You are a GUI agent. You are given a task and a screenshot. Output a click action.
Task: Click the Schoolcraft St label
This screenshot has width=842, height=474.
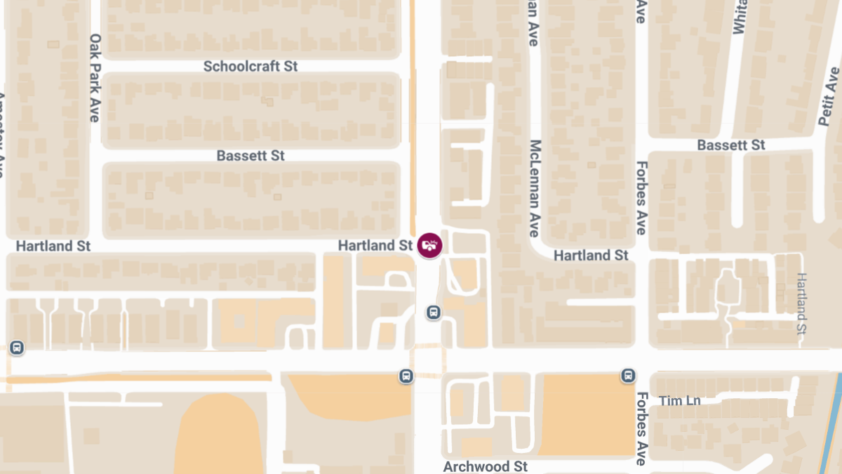pos(250,66)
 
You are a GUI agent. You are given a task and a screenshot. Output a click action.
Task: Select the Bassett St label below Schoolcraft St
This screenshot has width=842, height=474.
pos(250,155)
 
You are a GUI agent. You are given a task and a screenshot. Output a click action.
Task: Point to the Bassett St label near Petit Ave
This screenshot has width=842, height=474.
pos(730,145)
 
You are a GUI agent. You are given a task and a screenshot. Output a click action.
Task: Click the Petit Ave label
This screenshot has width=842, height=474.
pos(829,97)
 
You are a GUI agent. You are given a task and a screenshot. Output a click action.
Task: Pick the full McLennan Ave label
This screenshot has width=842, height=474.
pos(535,188)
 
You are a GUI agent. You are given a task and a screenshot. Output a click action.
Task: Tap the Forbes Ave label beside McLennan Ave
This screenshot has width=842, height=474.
pos(641,199)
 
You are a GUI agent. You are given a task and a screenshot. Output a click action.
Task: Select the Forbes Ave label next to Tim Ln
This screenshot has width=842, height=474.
pos(641,428)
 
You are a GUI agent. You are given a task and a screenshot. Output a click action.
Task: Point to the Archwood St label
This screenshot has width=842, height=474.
pos(485,466)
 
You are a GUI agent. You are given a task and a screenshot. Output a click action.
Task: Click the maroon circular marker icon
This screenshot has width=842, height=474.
pos(429,246)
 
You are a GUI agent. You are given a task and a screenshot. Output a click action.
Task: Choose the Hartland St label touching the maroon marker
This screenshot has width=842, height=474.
pos(375,246)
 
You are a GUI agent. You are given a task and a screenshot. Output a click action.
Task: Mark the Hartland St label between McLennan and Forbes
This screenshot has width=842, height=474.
pos(591,256)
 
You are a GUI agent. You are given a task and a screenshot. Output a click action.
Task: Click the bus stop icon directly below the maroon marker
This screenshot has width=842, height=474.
pos(434,312)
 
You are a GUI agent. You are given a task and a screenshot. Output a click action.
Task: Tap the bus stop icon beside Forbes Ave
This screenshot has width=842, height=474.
pos(628,376)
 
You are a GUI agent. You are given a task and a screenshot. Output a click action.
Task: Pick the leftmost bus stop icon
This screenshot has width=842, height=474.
pos(16,347)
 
